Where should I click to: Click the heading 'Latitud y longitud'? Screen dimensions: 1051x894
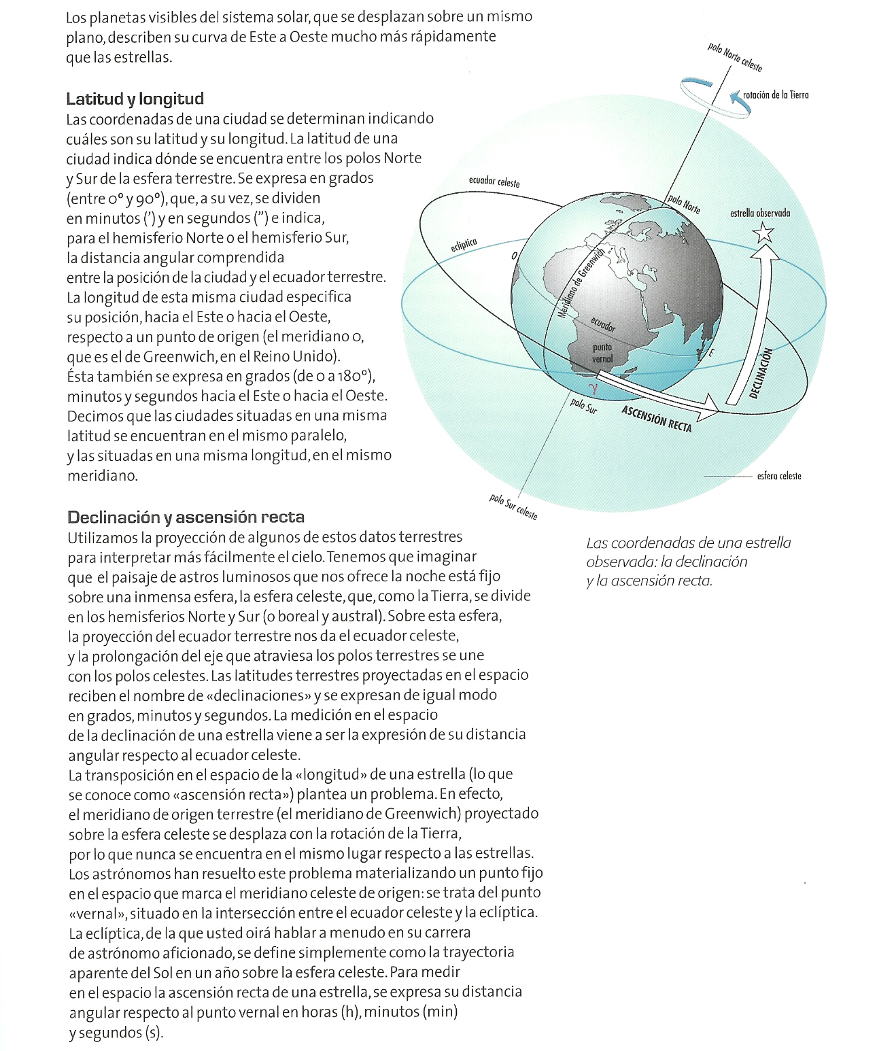point(135,99)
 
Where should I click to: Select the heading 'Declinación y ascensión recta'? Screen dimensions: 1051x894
point(186,517)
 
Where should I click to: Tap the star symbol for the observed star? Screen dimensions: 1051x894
point(763,233)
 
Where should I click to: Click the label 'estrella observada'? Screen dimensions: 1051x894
point(760,213)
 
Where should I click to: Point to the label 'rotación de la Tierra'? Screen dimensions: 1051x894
point(776,95)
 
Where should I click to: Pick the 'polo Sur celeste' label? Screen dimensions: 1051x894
point(513,507)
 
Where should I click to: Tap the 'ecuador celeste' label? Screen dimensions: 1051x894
point(494,182)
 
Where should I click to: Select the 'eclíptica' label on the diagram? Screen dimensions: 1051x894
point(464,245)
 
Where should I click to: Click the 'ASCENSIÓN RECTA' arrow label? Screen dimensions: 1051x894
point(656,419)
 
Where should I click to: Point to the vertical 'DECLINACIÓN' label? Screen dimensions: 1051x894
point(761,373)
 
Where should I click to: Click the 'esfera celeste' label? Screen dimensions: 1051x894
point(779,476)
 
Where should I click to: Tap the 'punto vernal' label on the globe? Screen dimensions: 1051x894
point(602,353)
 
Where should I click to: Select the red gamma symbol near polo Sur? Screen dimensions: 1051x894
point(593,389)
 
